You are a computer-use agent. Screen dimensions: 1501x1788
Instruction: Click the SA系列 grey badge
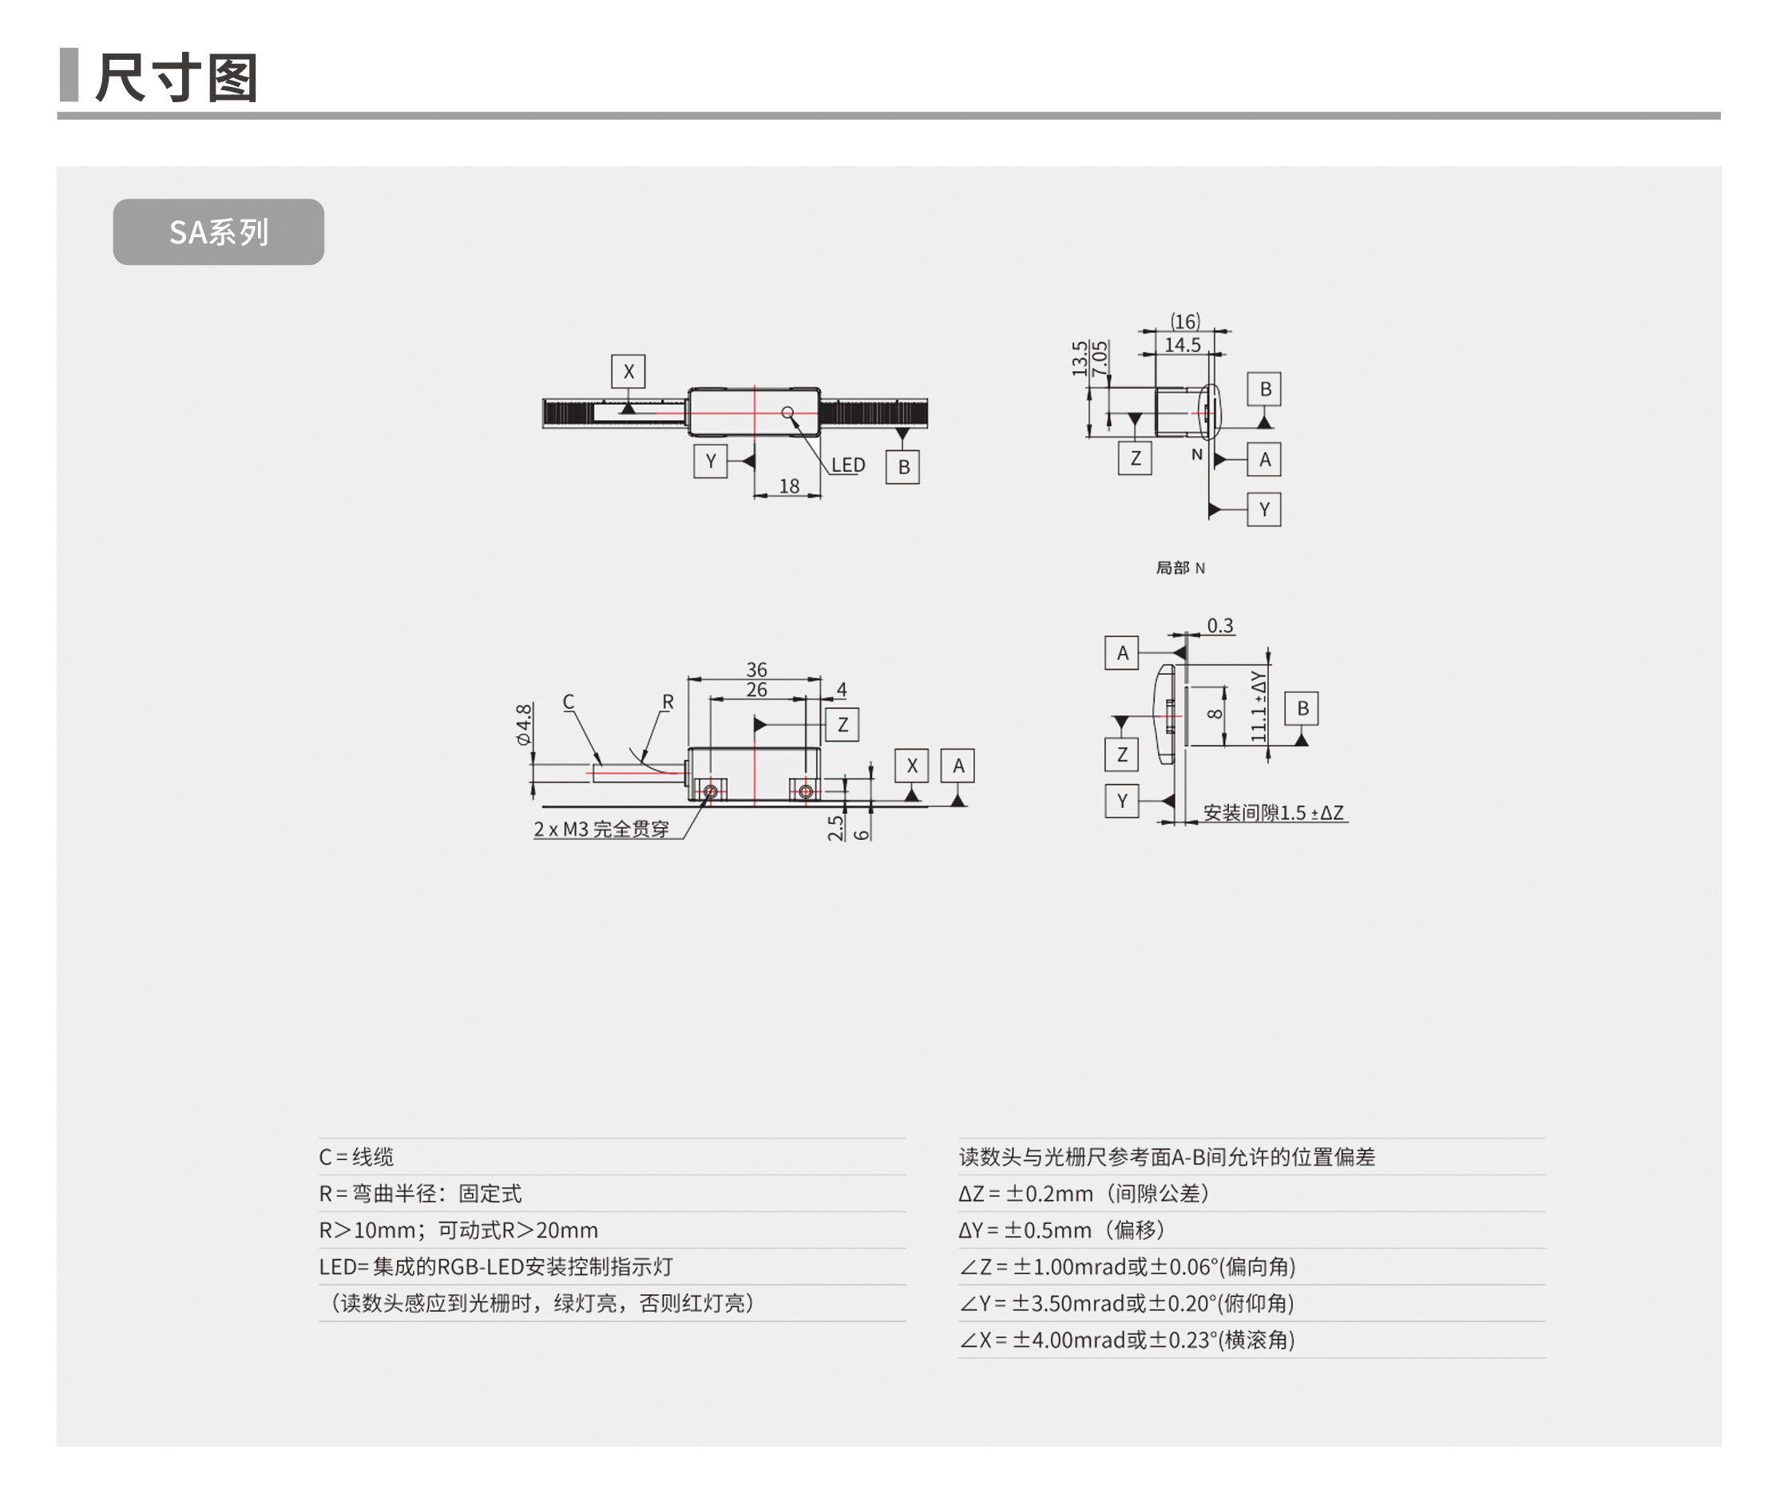(x=218, y=232)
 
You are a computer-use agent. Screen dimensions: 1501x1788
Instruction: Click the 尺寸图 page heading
(x=176, y=78)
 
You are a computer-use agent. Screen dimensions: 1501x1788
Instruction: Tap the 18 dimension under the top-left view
(x=788, y=486)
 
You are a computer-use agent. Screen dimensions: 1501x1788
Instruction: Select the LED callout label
(x=847, y=465)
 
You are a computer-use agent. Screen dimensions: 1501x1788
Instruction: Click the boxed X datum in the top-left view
(x=628, y=372)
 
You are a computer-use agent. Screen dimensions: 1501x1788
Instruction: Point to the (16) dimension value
(x=1184, y=321)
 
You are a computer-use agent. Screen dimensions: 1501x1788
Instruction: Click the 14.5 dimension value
(x=1182, y=345)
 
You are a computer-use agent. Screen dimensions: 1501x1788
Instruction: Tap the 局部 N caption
(x=1180, y=568)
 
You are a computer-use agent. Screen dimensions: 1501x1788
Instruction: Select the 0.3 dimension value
(x=1219, y=626)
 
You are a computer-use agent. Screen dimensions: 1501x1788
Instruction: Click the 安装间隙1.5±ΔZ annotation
(x=1272, y=813)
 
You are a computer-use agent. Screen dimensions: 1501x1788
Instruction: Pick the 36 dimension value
(x=756, y=670)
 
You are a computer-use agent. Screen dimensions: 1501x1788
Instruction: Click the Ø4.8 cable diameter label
(x=524, y=723)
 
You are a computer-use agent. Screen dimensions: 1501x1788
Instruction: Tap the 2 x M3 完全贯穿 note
(x=601, y=830)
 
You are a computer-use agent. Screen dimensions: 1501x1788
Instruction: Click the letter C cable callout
(x=568, y=702)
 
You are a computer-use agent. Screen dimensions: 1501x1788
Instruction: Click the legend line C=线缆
(x=356, y=1157)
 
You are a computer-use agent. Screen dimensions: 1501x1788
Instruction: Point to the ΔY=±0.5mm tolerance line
(x=1061, y=1230)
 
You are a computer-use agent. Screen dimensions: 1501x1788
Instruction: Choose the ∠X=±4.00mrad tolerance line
(x=1127, y=1340)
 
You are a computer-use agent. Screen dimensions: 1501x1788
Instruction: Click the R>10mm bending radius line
(x=458, y=1230)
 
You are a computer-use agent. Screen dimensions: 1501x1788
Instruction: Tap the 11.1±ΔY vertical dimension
(x=1259, y=706)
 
